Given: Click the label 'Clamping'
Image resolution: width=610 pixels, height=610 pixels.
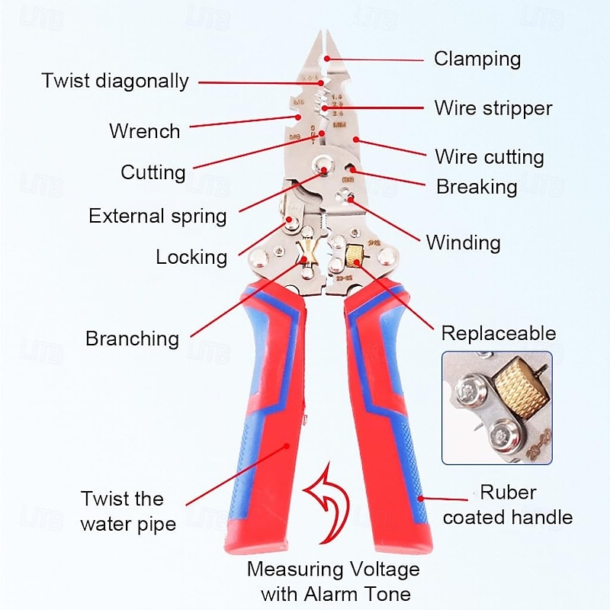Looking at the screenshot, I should pyautogui.click(x=477, y=59).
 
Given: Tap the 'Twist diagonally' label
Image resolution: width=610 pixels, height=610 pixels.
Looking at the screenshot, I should pyautogui.click(x=115, y=82).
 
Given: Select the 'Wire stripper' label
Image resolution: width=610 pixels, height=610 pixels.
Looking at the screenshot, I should pyautogui.click(x=493, y=108).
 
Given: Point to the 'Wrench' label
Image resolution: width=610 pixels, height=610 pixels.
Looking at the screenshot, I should pyautogui.click(x=145, y=131).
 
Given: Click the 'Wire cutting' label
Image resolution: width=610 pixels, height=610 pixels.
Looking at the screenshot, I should pyautogui.click(x=490, y=158).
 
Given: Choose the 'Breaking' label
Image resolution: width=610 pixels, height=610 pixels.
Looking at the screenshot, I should pyautogui.click(x=477, y=187).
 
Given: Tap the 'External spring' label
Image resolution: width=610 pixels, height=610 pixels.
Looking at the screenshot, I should pyautogui.click(x=158, y=216).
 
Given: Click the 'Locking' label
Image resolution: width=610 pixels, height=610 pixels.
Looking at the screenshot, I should pyautogui.click(x=191, y=257).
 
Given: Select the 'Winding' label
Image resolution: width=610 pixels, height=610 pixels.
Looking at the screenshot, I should pyautogui.click(x=464, y=243).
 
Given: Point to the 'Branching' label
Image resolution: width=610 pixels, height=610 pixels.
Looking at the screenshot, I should pyautogui.click(x=133, y=339).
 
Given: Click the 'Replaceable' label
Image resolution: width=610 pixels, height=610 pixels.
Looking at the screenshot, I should pyautogui.click(x=499, y=333).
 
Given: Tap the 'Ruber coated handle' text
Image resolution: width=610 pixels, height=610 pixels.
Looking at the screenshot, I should pyautogui.click(x=508, y=505).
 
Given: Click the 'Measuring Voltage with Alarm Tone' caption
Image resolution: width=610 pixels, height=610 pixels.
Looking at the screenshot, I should pyautogui.click(x=333, y=581).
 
